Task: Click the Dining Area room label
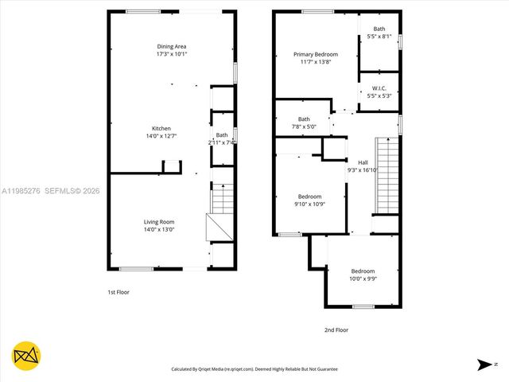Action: coord(172,46)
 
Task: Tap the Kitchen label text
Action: coord(161,128)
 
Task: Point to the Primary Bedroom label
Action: coord(316,54)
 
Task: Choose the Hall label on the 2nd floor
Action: coord(363,162)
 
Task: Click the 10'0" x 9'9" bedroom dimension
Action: coord(363,279)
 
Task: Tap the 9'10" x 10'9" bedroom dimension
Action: coord(310,205)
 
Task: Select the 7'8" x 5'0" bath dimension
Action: coord(303,127)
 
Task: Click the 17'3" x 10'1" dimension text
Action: coord(172,54)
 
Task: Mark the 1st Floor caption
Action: coord(119,292)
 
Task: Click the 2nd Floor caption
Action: coord(336,329)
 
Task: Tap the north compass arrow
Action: coord(484,364)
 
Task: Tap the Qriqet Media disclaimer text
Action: coord(254,369)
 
